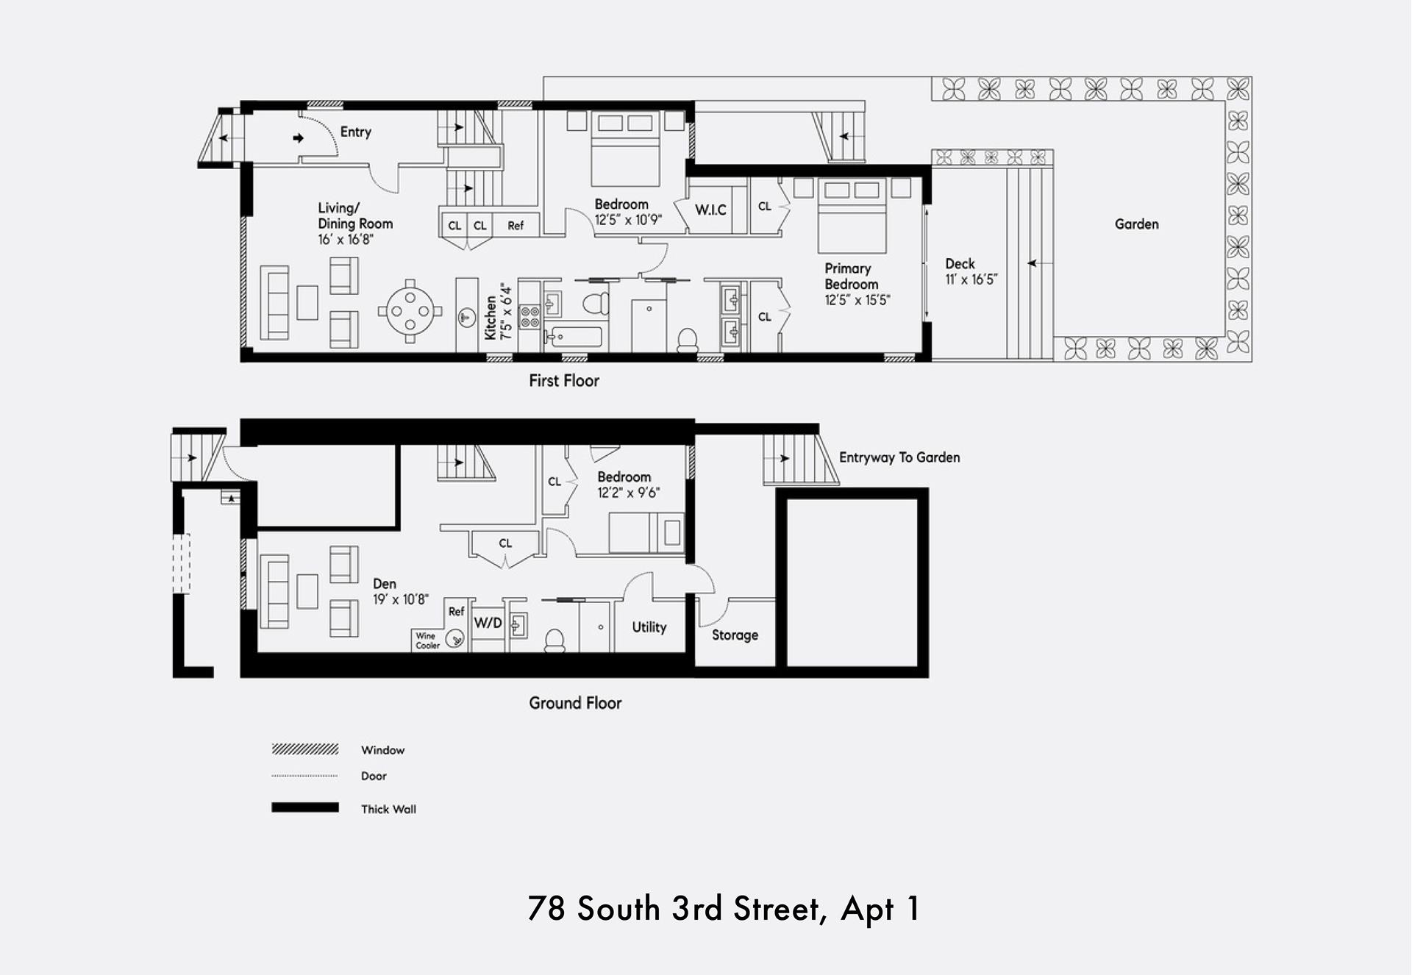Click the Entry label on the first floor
pos(355,132)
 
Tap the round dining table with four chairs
pos(410,311)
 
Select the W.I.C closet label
pos(710,210)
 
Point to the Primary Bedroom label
pos(851,276)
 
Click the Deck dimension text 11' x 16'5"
pos(971,279)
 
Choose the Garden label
pos(1136,224)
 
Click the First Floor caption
pos(564,381)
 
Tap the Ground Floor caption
pos(575,703)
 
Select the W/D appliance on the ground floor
pos(488,624)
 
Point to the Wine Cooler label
pos(427,640)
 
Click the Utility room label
pos(649,627)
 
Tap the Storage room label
pos(735,635)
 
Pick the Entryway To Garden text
pos(899,457)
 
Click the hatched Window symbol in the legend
pos(305,749)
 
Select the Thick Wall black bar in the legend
pos(305,807)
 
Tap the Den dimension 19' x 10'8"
pos(401,599)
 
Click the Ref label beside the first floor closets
pos(516,226)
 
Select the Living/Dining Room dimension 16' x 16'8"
pos(346,240)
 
